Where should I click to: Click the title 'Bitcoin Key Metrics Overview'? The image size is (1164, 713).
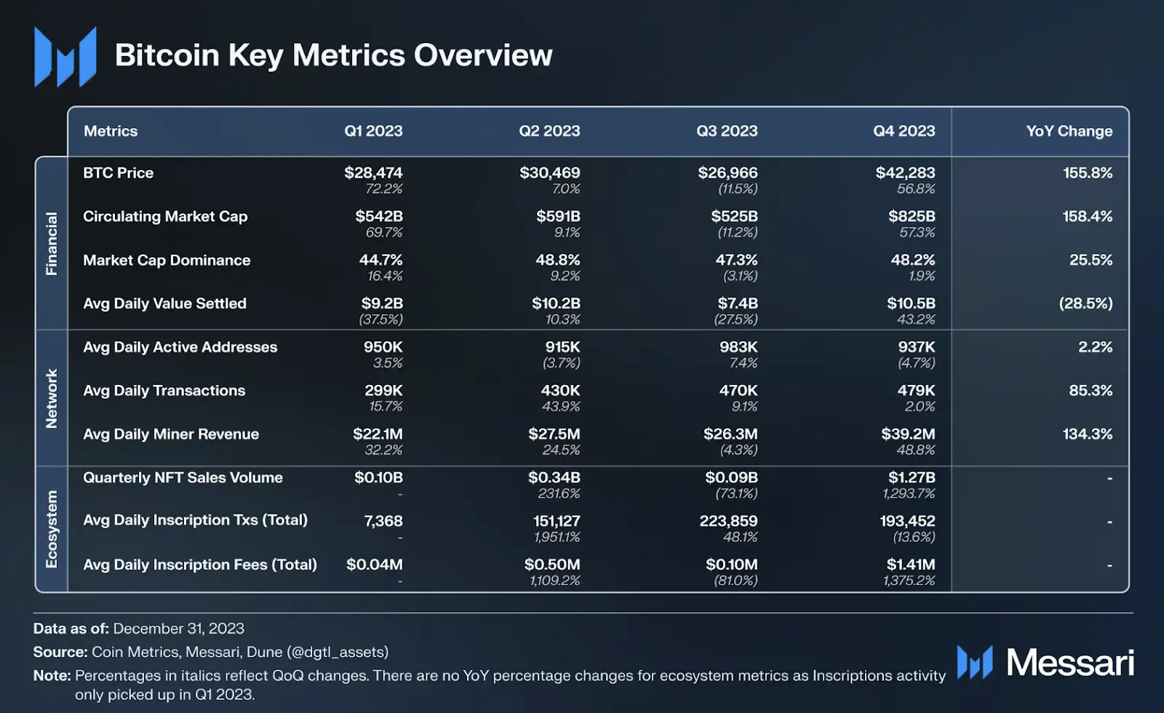click(x=333, y=55)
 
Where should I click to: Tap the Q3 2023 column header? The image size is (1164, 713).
click(x=726, y=131)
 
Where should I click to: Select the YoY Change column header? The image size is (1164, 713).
click(x=1069, y=131)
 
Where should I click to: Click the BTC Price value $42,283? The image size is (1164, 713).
click(x=905, y=172)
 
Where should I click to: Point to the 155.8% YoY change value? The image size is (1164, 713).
click(x=1087, y=172)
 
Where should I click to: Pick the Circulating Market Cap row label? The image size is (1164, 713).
click(x=165, y=216)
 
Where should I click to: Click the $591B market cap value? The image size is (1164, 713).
click(x=558, y=216)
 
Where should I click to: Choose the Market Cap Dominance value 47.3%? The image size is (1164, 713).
click(x=736, y=260)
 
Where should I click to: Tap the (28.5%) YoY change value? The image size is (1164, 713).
click(x=1085, y=303)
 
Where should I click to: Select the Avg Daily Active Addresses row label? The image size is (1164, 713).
click(x=180, y=347)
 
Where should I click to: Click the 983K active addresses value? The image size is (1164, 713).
click(x=738, y=347)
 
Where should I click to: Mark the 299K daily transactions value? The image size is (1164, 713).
click(x=383, y=391)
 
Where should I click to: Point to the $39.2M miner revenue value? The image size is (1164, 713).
click(x=908, y=434)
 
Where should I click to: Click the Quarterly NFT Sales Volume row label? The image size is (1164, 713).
click(x=183, y=477)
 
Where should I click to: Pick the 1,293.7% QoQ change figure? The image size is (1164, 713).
click(x=909, y=493)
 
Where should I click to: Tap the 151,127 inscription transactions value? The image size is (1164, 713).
click(x=557, y=521)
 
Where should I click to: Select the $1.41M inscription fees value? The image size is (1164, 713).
click(x=910, y=565)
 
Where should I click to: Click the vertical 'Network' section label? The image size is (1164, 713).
click(x=52, y=398)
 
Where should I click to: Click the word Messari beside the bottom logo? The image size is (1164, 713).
click(x=1069, y=662)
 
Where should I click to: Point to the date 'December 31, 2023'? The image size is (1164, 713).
click(x=178, y=629)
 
